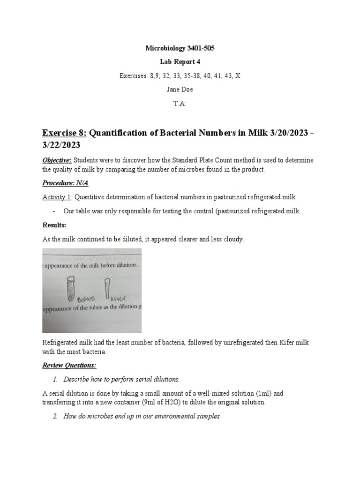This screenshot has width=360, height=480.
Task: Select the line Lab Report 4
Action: click(x=180, y=61)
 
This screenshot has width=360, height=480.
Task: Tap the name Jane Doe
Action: click(x=180, y=90)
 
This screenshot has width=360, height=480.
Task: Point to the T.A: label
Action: click(x=180, y=104)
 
